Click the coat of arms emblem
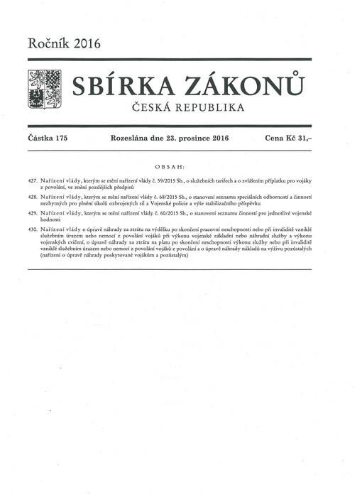click(44, 90)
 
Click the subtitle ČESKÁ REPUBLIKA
click(184, 107)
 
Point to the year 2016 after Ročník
click(83, 44)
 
